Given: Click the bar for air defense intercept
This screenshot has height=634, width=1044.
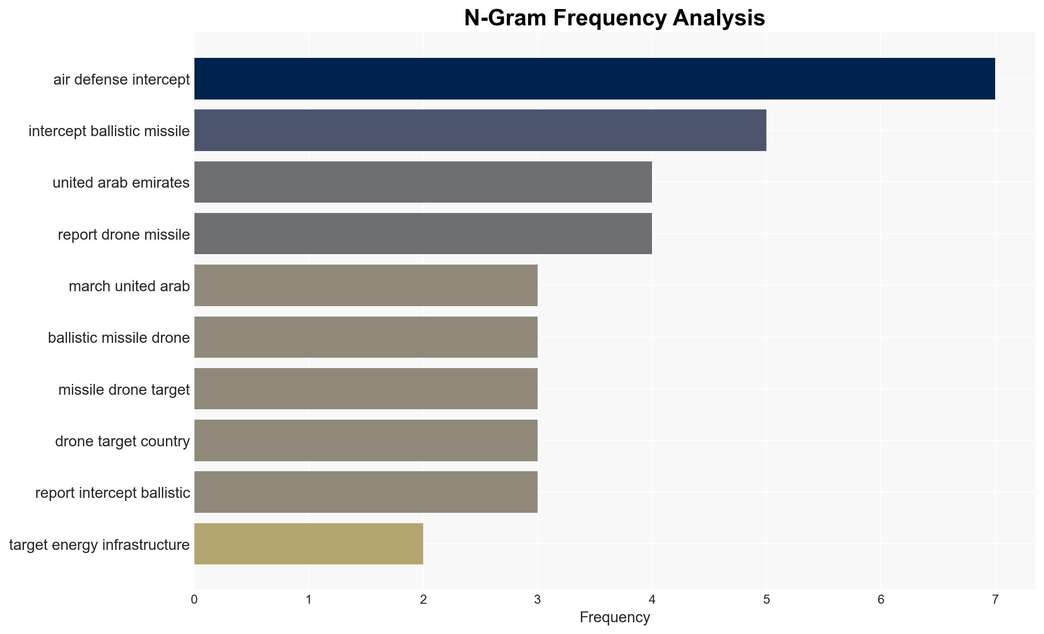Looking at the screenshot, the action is [595, 79].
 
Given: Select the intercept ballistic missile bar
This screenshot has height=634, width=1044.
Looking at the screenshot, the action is [480, 130].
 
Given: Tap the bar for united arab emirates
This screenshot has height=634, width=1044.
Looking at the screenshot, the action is [423, 182].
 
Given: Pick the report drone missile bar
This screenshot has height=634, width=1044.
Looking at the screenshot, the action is [423, 234].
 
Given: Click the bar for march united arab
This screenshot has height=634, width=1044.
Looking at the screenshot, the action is [366, 285].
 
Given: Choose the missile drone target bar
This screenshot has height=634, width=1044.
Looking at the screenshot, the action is [366, 389].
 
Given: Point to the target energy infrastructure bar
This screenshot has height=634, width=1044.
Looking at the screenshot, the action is [309, 544].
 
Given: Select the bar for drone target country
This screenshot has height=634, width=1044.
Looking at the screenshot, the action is [366, 440].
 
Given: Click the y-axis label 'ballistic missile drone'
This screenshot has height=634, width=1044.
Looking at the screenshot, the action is [119, 338].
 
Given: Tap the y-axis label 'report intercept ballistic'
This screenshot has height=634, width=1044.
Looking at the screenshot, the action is [113, 492].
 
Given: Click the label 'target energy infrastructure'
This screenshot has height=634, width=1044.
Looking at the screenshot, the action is [99, 544].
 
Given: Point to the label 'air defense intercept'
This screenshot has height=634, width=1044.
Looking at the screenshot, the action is [122, 79].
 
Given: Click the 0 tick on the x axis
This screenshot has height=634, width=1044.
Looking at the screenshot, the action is [194, 600].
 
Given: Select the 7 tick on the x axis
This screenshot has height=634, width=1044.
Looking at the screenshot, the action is [995, 600].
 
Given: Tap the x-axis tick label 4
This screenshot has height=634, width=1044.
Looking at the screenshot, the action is [652, 600].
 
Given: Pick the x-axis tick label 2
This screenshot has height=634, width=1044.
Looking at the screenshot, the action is [423, 600].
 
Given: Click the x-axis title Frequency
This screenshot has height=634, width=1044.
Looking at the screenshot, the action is [615, 617].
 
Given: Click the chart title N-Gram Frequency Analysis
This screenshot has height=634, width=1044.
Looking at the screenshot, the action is [614, 18].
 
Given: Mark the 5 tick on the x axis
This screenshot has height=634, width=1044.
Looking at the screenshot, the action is [766, 600].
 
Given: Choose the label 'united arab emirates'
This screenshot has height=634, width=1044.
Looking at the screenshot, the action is [121, 183].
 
